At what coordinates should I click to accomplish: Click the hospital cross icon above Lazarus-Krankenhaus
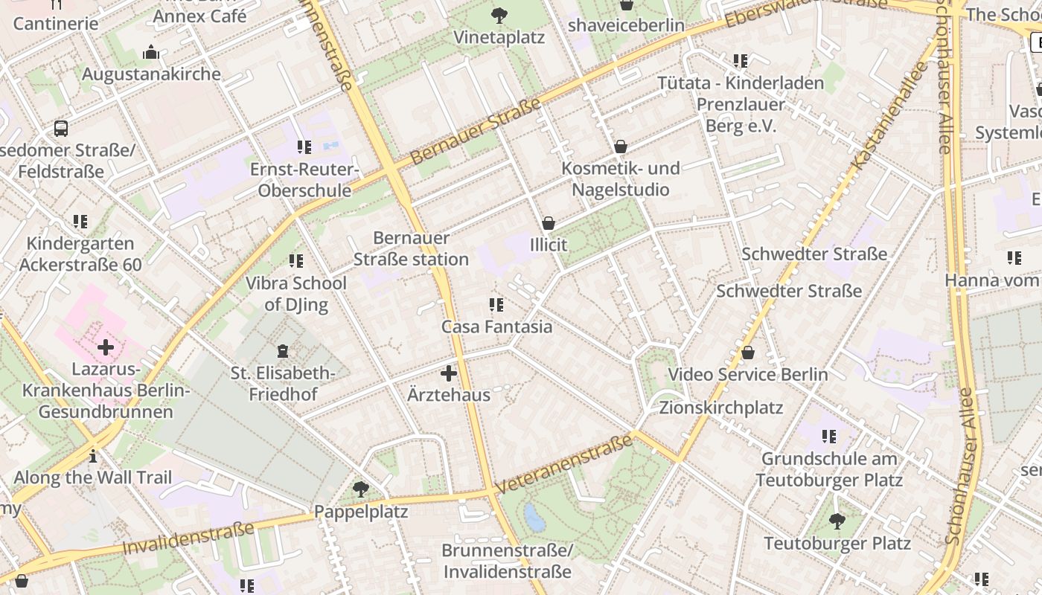coord(106,347)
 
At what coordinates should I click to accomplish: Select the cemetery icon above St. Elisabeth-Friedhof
coord(282,350)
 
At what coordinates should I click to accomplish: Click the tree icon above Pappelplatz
coord(361,489)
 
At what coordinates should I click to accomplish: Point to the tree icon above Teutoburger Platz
coord(837,521)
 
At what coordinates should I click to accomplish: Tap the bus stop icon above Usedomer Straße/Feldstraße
coord(61,129)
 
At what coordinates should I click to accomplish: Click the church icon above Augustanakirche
coord(151,52)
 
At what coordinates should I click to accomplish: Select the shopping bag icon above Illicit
coord(549,222)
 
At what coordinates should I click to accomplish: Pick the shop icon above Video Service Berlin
coord(748,352)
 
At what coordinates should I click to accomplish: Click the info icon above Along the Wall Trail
coord(92,455)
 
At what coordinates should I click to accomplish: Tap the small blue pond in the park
coord(534,517)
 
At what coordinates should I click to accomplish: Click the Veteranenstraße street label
coord(563,465)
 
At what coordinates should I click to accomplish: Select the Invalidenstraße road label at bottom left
coord(188,538)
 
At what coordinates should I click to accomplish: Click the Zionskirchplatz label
coord(720,408)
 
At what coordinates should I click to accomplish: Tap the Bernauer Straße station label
coord(411,248)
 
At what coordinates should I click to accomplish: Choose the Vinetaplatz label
coord(499,37)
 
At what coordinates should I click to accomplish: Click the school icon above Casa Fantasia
coord(496,304)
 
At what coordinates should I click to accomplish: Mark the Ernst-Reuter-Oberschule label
coord(304,180)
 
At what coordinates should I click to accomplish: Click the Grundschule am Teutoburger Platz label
coord(829,469)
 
